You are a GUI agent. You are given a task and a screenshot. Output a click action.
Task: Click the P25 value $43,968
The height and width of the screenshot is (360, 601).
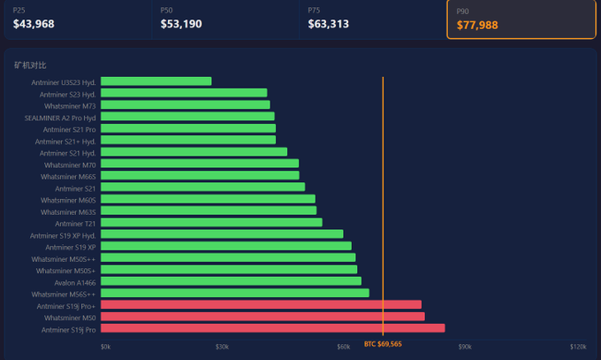34,24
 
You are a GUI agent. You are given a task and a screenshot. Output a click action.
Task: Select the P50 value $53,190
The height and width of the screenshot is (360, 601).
181,24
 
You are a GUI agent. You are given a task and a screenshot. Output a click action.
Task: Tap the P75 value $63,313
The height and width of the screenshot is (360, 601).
328,24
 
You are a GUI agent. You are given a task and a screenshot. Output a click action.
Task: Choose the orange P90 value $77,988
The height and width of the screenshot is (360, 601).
477,26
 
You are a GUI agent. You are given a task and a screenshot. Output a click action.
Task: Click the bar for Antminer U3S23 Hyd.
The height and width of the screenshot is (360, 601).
156,81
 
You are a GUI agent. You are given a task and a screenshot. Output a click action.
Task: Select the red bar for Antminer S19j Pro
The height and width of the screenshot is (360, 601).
272,329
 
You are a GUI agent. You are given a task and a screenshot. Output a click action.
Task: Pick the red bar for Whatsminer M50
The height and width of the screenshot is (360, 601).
262,317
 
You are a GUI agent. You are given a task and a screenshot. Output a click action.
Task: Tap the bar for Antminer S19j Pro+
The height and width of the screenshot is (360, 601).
261,305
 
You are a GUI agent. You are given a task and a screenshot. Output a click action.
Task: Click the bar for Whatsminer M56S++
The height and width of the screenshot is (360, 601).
234,293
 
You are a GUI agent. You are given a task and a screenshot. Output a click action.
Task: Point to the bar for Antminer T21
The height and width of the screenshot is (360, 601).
211,223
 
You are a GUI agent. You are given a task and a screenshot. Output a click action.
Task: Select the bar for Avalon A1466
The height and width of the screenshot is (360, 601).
231,281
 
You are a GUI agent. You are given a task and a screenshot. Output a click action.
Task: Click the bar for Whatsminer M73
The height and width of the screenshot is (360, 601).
185,105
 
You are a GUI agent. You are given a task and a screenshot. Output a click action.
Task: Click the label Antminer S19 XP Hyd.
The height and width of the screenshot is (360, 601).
63,235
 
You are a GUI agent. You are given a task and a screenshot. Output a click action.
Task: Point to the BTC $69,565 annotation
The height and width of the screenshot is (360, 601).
383,344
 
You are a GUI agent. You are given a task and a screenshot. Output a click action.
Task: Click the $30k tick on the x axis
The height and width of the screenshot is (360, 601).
222,347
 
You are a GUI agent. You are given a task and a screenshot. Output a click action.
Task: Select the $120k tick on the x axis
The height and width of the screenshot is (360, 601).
578,347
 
